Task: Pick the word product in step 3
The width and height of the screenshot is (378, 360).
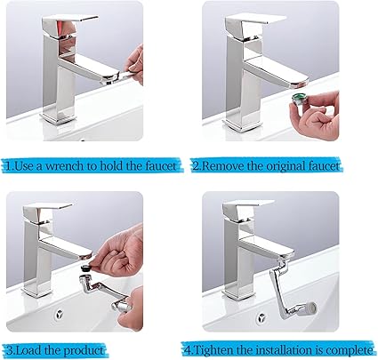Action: pos(84,351)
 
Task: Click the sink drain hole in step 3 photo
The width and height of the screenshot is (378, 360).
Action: pos(60,314)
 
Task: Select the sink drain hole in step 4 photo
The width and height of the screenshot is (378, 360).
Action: pos(261,317)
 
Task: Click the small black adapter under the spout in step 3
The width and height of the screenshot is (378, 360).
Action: pos(85,268)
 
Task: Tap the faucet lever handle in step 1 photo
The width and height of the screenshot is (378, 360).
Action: pos(70,24)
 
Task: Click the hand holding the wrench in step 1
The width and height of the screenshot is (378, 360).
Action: pos(134,65)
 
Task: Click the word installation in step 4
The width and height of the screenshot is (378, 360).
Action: pos(279,350)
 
